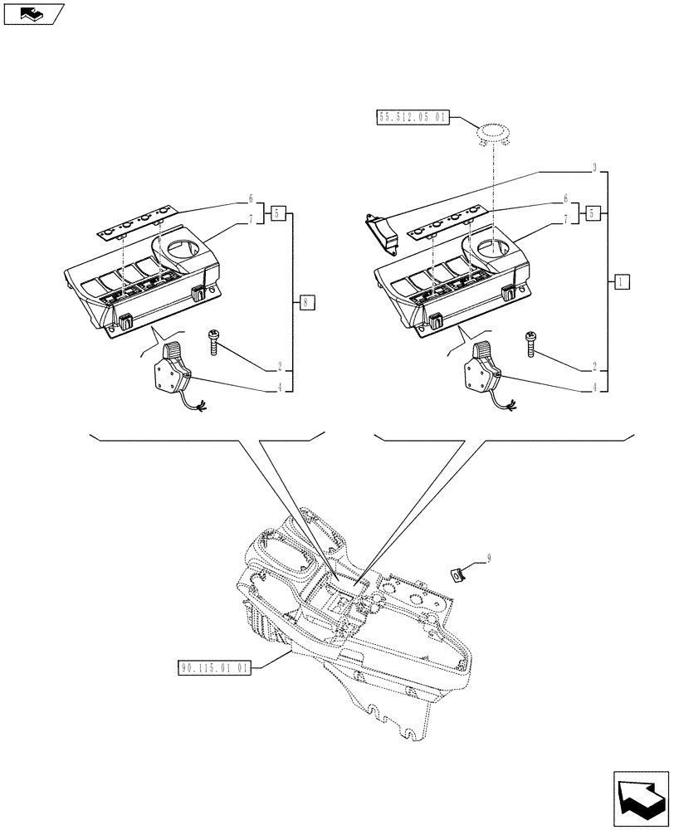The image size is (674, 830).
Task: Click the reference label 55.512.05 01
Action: pos(413,119)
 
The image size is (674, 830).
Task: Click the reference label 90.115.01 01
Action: pos(214,667)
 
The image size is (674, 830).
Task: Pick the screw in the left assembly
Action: pos(214,341)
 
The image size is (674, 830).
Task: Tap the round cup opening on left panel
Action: pos(184,247)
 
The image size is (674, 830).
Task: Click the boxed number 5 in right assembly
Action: pos(593,213)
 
